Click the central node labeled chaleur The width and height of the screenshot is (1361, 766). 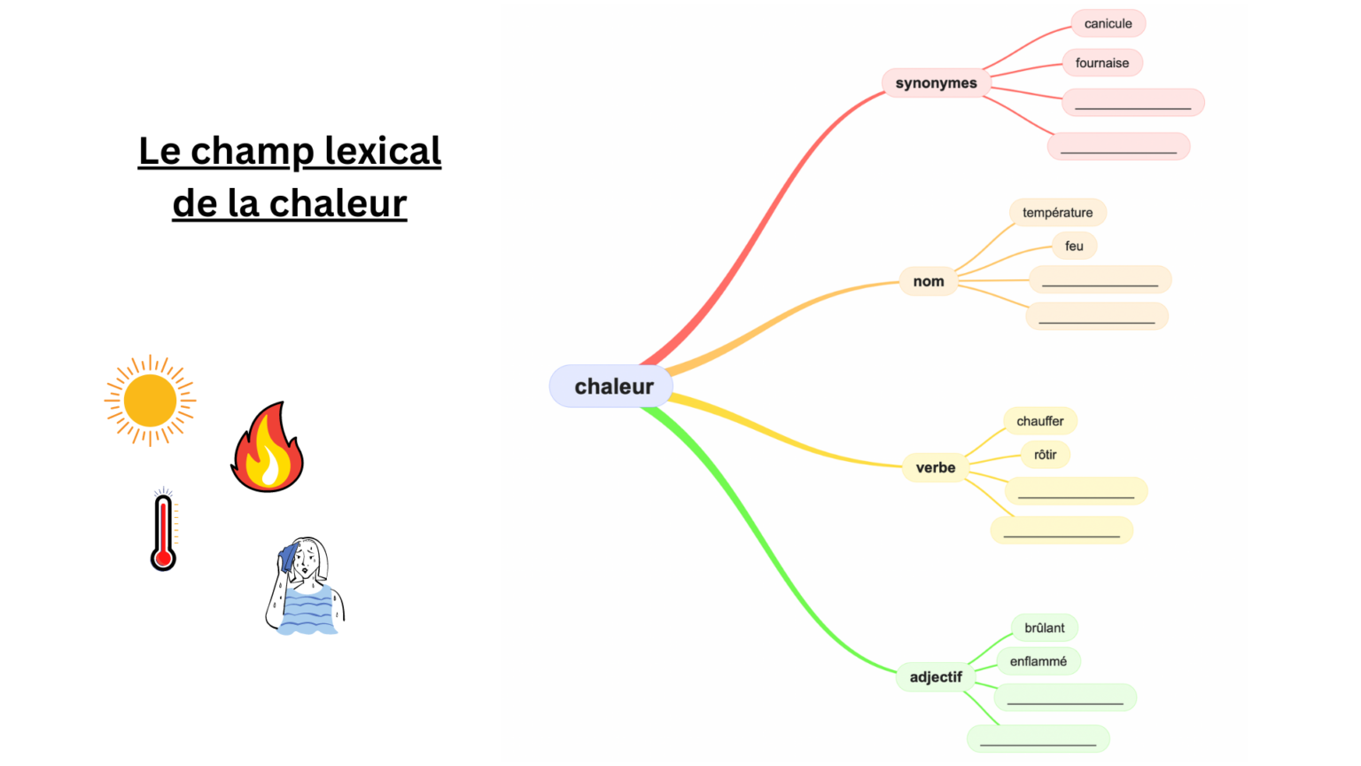click(612, 387)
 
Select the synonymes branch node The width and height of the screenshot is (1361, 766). click(936, 83)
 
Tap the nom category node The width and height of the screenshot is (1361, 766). click(929, 281)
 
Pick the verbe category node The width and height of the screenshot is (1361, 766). click(935, 467)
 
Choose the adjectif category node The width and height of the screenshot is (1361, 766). click(936, 677)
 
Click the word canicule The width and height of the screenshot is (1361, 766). click(1108, 24)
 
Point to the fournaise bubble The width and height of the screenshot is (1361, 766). click(1102, 63)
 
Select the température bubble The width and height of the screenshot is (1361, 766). click(1057, 213)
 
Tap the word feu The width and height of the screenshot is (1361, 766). click(1074, 246)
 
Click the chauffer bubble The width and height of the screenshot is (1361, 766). click(1039, 421)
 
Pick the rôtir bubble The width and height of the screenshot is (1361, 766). click(1045, 455)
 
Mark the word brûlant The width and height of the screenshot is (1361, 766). click(1044, 628)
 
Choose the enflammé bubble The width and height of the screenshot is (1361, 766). click(1038, 661)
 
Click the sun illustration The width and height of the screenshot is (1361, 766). click(150, 401)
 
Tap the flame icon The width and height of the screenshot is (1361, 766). click(267, 449)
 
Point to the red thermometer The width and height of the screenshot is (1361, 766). click(163, 532)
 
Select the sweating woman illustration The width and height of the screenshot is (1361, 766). click(306, 587)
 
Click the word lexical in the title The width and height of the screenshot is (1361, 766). click(383, 151)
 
